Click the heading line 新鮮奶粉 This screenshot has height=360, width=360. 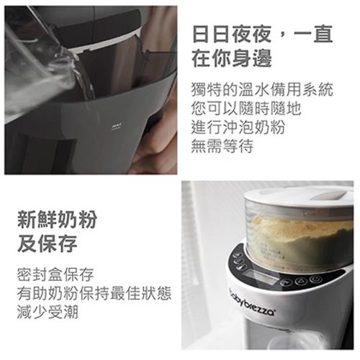(x=55, y=220)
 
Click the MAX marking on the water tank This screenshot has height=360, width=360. (x=114, y=125)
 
